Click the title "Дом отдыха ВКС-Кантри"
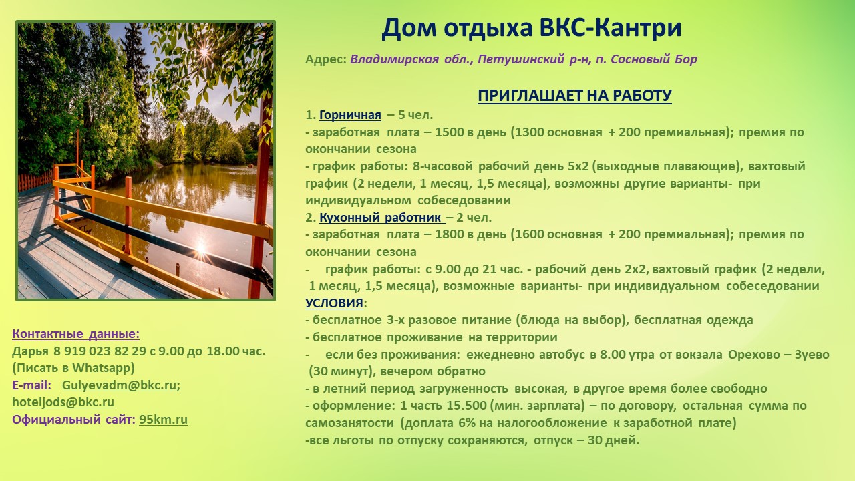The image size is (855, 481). [531, 29]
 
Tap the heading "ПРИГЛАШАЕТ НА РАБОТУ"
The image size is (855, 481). [574, 96]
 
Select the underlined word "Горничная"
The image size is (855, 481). [350, 115]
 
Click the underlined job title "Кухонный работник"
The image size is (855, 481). [381, 218]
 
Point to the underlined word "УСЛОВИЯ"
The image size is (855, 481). [335, 303]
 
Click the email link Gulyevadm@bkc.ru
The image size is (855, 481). [121, 385]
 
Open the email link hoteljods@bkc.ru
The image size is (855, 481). [63, 402]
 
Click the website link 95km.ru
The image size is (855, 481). [163, 420]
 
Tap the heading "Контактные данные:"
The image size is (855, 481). [76, 334]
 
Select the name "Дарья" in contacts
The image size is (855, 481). [31, 351]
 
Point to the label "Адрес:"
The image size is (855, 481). [326, 59]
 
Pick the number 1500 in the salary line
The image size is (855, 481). [450, 132]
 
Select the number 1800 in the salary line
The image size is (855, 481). [450, 234]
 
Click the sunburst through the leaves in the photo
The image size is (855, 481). [205, 52]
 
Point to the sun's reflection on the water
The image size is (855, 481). [201, 247]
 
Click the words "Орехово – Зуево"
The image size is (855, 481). [779, 355]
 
